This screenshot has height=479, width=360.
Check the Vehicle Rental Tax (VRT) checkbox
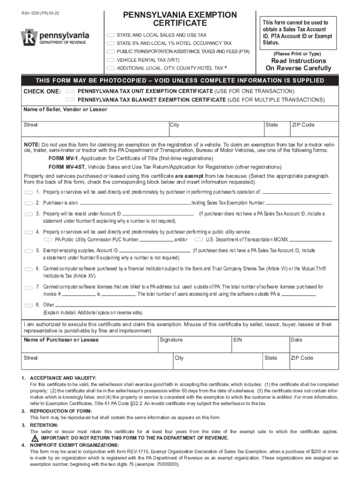point(110,60)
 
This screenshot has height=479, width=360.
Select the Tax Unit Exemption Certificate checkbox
point(71,91)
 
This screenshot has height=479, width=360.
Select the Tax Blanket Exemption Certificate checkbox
point(71,100)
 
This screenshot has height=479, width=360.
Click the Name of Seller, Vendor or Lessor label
point(65,109)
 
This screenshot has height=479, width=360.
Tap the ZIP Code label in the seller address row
point(303,125)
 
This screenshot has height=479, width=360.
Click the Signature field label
point(171,340)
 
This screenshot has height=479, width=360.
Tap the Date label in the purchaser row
point(296,340)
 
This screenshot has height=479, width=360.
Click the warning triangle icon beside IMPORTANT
point(35,438)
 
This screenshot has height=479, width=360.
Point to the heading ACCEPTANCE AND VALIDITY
point(63,377)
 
